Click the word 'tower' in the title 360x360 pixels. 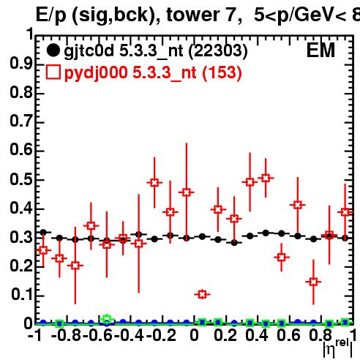pos(193,15)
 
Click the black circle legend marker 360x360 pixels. pos(53,50)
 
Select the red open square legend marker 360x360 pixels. pos(53,72)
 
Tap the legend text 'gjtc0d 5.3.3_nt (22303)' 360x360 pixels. pos(156,51)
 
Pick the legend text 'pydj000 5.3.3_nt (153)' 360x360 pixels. pos(153,73)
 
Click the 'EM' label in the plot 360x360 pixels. pos(320,50)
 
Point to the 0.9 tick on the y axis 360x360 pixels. pos(21,64)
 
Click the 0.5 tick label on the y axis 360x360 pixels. pos(21,179)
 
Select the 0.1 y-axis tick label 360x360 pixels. pos(22,295)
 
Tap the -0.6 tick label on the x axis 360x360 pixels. pos(97,335)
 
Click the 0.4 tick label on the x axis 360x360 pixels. pos(256,335)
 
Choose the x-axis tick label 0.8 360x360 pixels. pos(320,335)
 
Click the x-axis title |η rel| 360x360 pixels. pos(338,348)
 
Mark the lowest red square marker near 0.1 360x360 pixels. pos(202,294)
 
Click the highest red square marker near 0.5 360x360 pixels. pos(266,178)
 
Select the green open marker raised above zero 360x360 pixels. pos(107,319)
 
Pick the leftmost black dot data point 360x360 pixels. pos(43,233)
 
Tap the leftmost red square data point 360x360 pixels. pos(43,250)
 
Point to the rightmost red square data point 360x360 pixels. pos(345,212)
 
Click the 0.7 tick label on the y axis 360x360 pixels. pos(21,121)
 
